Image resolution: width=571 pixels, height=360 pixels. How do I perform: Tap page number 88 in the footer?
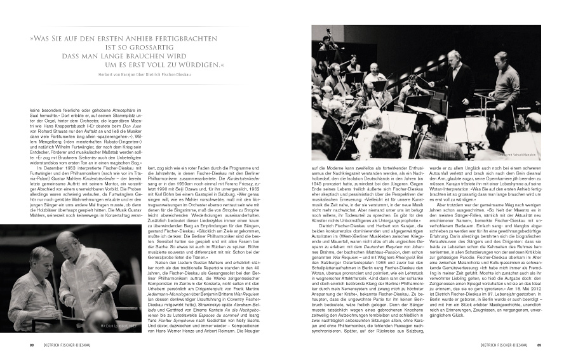[x=31, y=346]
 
